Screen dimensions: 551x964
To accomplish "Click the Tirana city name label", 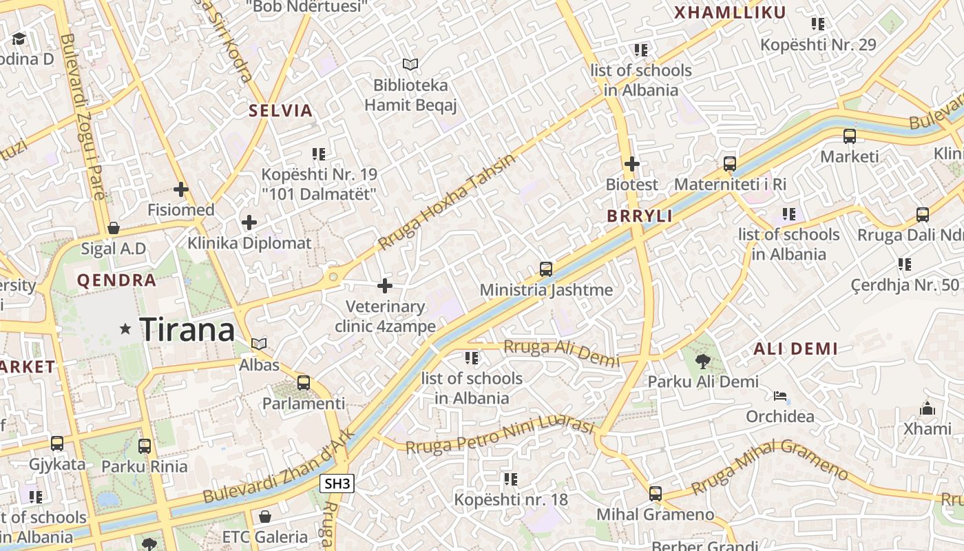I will click(187, 330).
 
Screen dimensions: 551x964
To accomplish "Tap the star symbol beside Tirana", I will click(125, 329).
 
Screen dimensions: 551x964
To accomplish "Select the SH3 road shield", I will click(337, 484).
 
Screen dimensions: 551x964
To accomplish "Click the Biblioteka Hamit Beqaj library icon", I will click(410, 65).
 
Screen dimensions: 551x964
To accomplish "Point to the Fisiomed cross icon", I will click(181, 189).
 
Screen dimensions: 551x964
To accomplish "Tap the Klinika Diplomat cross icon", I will click(249, 222).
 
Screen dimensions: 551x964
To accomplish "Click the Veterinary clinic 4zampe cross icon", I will click(385, 286).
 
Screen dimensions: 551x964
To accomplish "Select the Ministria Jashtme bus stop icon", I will click(546, 269).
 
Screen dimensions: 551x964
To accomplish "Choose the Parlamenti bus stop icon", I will click(304, 383).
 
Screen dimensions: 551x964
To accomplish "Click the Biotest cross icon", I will click(631, 164).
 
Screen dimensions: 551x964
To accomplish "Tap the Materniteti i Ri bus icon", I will click(730, 164).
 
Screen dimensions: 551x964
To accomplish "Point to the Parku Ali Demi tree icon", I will click(702, 361).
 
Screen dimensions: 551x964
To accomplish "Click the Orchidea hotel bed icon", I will click(779, 396).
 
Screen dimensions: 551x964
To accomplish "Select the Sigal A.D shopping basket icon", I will click(114, 228).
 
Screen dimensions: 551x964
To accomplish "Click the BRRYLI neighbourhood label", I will click(639, 216).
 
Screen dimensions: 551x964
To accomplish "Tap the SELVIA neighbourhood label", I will click(280, 110).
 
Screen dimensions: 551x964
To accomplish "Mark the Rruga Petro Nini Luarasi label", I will click(499, 437).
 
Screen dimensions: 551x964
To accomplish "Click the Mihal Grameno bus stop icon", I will click(656, 493).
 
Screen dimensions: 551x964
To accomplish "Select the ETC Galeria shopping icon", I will click(265, 516).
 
